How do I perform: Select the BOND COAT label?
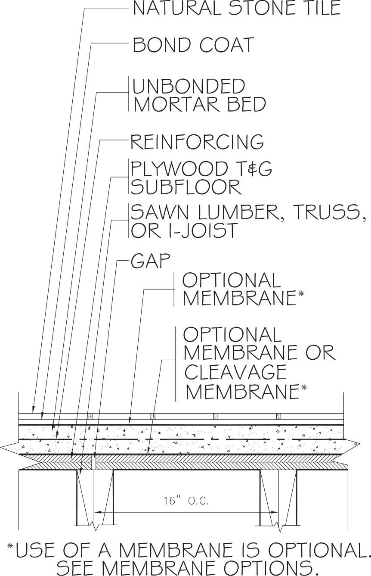[194, 45]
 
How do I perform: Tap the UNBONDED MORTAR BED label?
[199, 95]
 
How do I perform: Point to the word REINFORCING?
[197, 141]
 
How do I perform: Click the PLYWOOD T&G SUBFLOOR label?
[201, 177]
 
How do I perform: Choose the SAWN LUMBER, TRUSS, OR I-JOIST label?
[249, 221]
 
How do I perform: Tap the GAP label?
[151, 261]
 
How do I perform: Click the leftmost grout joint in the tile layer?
[90, 416]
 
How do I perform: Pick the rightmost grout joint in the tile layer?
[279, 416]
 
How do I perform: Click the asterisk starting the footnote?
[10, 546]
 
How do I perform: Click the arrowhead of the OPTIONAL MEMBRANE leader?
[130, 421]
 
